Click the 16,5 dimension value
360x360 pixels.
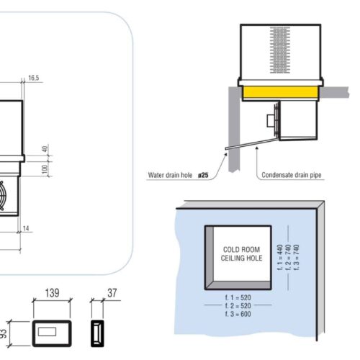34,77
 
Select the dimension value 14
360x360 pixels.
27,228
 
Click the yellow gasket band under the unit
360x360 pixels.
279,92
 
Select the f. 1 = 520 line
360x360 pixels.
239,297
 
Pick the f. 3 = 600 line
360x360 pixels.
239,314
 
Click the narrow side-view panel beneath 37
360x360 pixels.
96,333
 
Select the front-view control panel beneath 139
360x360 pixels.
50,332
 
